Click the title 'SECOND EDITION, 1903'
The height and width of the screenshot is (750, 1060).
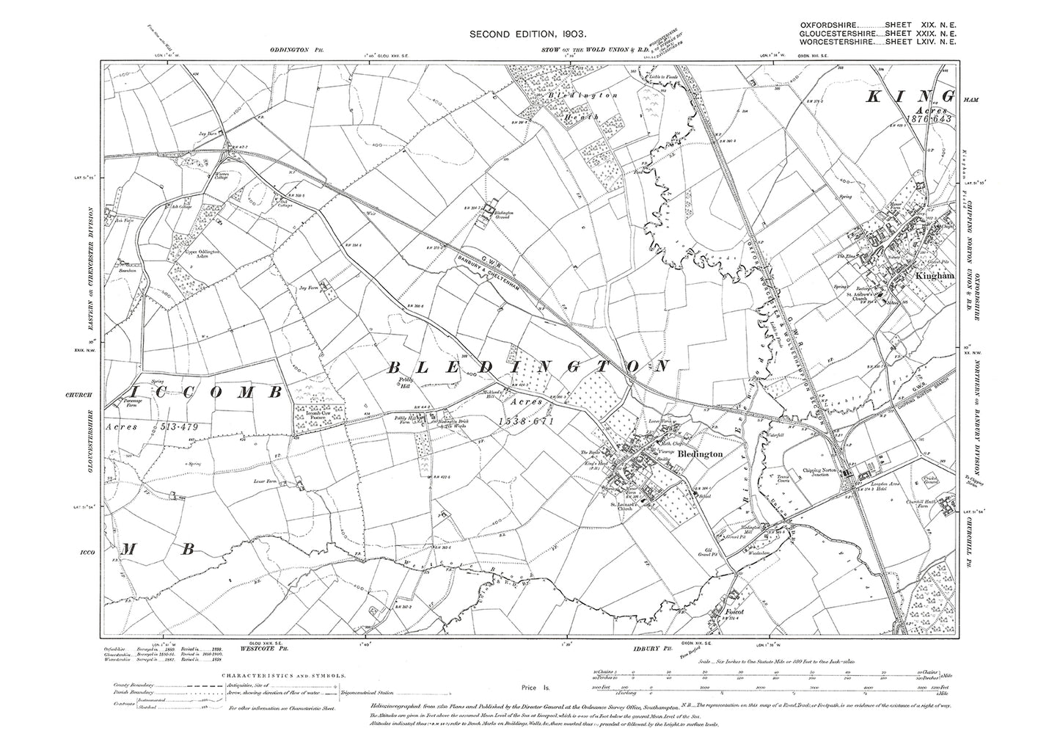[x=530, y=34]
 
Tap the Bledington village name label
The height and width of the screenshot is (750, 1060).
[x=701, y=455]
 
